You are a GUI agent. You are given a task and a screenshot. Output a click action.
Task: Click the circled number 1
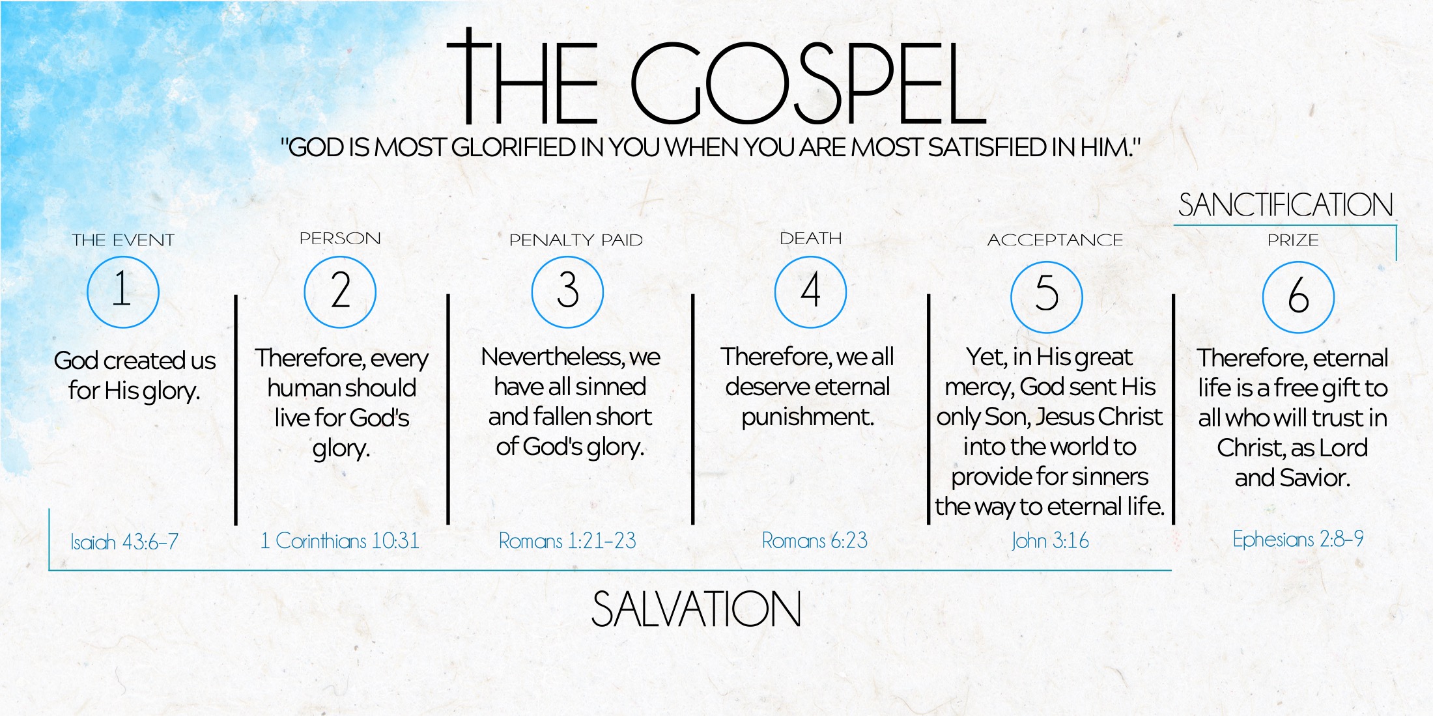tap(123, 292)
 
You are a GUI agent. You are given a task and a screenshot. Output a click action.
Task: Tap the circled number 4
tap(810, 292)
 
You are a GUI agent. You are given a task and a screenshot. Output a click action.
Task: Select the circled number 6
tap(1298, 297)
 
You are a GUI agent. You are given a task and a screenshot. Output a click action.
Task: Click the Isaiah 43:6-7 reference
tap(124, 542)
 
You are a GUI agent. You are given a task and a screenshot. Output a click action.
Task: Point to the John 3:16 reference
tap(1050, 540)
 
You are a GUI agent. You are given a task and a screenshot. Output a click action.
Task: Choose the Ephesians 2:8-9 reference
tap(1298, 539)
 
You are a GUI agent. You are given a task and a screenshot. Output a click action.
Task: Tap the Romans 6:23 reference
tap(815, 540)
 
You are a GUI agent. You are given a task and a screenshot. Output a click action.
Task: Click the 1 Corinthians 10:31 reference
tap(339, 540)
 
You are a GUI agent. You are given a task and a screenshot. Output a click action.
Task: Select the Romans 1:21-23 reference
tap(567, 540)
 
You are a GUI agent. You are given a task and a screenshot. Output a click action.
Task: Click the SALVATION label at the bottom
tap(696, 609)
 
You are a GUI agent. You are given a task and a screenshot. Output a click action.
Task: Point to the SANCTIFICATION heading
tap(1285, 205)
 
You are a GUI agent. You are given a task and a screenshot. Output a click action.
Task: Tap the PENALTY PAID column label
tap(576, 240)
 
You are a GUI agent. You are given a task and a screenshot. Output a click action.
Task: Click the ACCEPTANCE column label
tap(1055, 240)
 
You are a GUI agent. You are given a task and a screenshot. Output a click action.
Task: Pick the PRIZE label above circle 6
tap(1293, 240)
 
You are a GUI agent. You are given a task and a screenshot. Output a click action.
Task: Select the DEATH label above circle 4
tap(811, 238)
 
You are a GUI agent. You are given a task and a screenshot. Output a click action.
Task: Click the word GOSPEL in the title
tap(808, 83)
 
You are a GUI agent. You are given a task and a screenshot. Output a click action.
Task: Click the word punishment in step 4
tap(808, 417)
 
